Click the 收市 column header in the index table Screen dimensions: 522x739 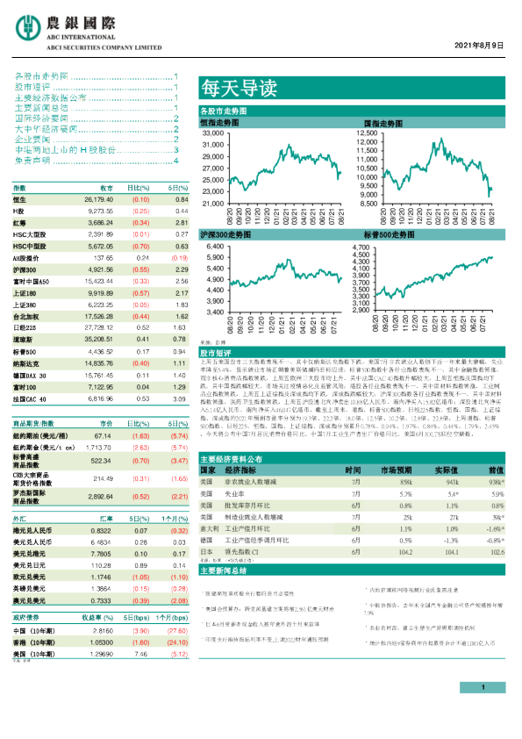pos(106,189)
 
